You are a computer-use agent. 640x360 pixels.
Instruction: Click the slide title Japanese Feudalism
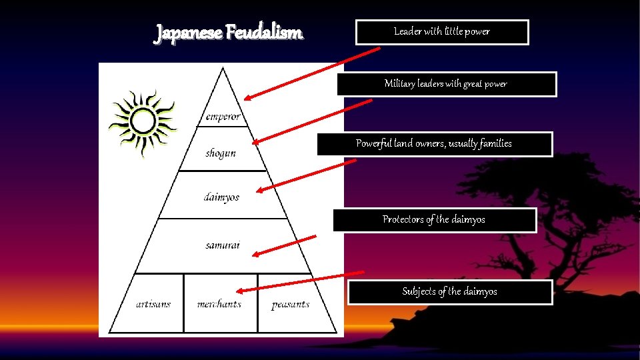(x=229, y=32)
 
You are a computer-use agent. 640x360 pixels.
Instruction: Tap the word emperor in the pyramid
(x=223, y=117)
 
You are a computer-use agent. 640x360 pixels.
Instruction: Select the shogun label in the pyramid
(x=221, y=153)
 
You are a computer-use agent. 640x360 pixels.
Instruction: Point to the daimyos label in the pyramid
(x=221, y=197)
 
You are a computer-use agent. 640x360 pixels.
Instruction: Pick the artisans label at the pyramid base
(x=153, y=304)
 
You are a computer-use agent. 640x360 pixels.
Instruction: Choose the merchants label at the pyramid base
(x=219, y=304)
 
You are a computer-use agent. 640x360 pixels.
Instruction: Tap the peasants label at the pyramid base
(x=291, y=305)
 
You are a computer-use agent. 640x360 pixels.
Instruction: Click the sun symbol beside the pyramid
(x=142, y=122)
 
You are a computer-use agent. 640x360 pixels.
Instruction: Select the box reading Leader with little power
(x=442, y=32)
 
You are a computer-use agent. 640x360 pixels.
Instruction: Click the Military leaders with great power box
(x=446, y=84)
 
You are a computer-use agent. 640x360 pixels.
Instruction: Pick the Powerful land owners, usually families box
(x=434, y=144)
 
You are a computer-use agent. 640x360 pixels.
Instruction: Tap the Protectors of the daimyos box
(x=434, y=220)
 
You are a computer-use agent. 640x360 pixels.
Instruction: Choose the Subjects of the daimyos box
(x=450, y=292)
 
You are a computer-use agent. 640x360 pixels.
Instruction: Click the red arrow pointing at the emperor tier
(x=300, y=73)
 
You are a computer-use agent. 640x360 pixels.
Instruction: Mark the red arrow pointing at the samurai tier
(x=285, y=245)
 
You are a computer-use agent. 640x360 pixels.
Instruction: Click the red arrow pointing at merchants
(x=300, y=281)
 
